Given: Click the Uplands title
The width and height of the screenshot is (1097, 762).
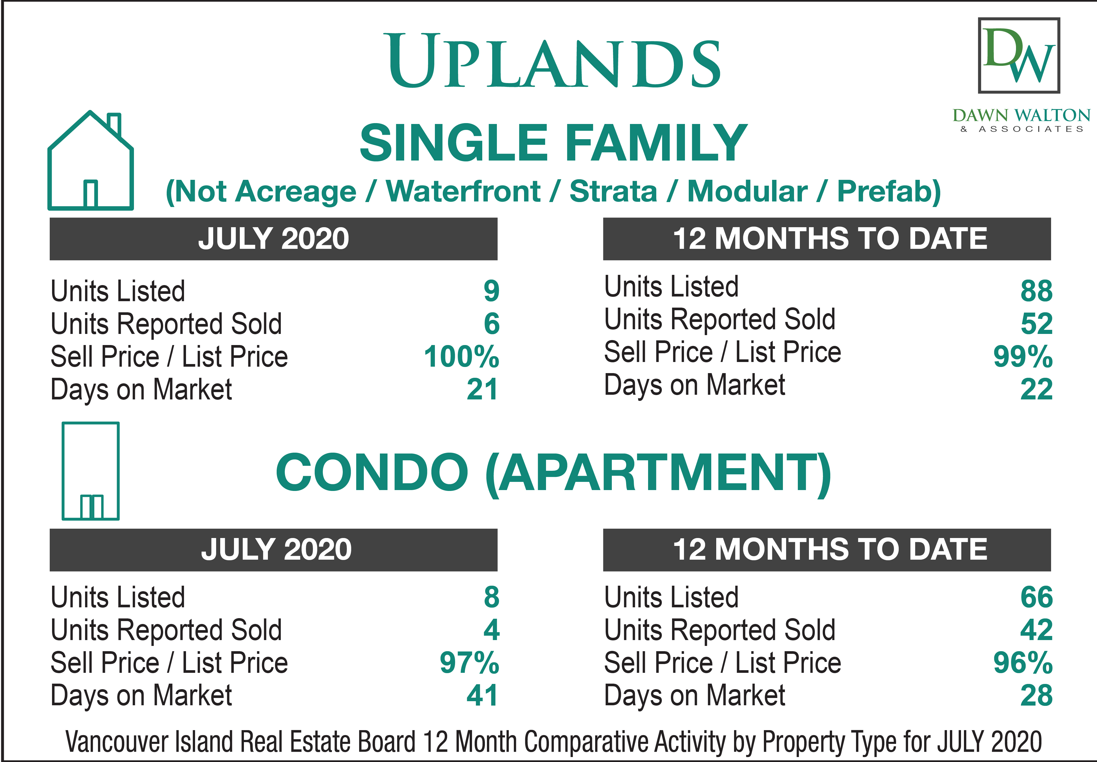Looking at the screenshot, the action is tap(554, 61).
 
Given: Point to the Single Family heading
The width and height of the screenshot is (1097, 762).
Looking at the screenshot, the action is tap(553, 142).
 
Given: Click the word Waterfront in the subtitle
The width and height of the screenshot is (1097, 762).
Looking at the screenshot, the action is tap(463, 192).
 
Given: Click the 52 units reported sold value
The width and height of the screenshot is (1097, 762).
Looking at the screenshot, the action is tap(1036, 324).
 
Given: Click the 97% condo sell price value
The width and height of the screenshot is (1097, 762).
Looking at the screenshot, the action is tap(469, 663).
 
